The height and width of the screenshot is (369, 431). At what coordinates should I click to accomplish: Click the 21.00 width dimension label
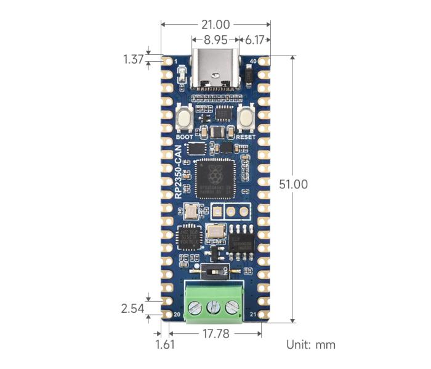[215, 25]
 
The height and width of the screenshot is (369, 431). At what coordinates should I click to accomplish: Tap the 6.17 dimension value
[254, 39]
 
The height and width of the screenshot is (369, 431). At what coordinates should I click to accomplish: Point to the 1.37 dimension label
[133, 59]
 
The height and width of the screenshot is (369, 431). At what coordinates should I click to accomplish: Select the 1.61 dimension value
[164, 344]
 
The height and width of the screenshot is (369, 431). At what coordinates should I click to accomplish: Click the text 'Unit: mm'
[311, 344]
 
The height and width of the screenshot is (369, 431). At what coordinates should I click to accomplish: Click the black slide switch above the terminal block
[214, 270]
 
